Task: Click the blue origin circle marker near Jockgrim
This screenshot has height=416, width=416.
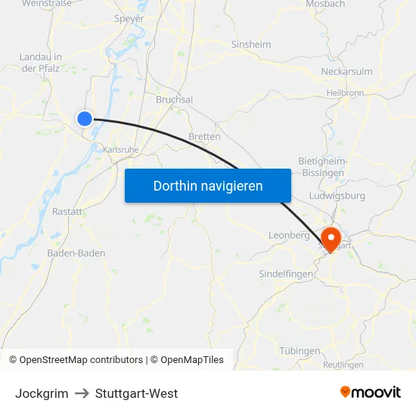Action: pos(85,118)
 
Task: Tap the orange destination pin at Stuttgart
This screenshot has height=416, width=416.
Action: pos(331,237)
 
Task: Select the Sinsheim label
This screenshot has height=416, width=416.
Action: pos(250,44)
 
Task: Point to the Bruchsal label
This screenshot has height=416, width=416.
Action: pos(174,100)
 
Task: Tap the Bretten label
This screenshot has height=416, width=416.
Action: pos(204,137)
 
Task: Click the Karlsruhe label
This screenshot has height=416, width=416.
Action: pos(121,150)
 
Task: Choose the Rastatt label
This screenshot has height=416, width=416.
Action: pos(67,212)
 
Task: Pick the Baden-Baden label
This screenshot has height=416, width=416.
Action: pos(76,253)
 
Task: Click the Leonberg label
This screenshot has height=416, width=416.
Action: pos(289,235)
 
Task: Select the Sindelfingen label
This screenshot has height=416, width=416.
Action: pos(286,274)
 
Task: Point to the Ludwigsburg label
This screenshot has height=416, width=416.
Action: pos(337,196)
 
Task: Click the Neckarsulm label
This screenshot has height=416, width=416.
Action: pos(347,72)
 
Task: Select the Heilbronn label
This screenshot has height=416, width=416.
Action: pos(346,92)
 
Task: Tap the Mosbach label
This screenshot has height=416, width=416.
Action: pos(326,5)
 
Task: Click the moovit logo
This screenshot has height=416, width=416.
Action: pos(371,393)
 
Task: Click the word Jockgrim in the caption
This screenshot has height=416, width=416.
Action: pos(42,393)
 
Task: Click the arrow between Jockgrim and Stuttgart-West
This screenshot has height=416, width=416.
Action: pos(82,393)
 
